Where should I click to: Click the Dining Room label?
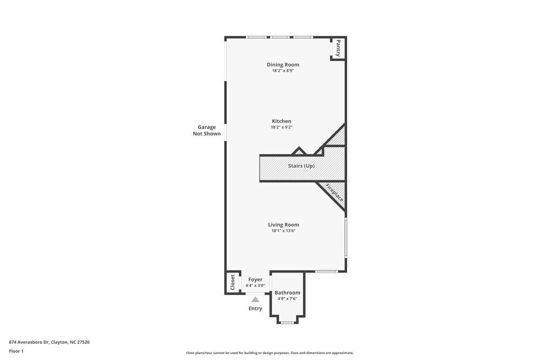[x=282, y=65]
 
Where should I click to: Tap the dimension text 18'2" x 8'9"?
[x=282, y=71]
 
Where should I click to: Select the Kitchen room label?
[x=281, y=121]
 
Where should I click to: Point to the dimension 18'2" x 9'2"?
[x=281, y=127]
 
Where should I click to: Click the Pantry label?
[x=338, y=48]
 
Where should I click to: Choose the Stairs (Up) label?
[x=301, y=166]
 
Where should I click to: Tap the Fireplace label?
[x=334, y=193]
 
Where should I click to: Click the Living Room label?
[x=283, y=225]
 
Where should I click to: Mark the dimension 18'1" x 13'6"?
[x=283, y=231]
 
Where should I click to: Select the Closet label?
[x=233, y=282]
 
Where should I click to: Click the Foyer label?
[x=255, y=280]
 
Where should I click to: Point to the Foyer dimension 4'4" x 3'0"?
[x=255, y=286]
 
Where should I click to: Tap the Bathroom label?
[x=287, y=293]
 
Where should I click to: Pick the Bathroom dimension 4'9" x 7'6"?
[x=287, y=298]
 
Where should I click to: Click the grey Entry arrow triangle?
[x=255, y=299]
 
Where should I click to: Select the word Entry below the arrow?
[x=255, y=309]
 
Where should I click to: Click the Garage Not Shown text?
[x=206, y=131]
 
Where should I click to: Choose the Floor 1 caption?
[x=16, y=351]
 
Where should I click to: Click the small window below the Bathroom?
[x=287, y=323]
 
